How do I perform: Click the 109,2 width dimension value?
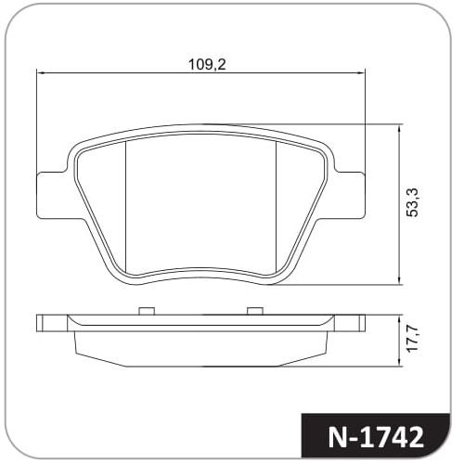pos(207,64)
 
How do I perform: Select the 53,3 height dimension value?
pos(412,202)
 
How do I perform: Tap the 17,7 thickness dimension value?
pos(412,339)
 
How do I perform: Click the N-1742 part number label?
pos(375,438)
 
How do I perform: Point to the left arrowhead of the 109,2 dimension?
pos(41,73)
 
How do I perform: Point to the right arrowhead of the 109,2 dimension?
pos(361,73)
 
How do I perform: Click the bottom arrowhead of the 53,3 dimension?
pos(400,280)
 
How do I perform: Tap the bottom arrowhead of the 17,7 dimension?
pos(400,363)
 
